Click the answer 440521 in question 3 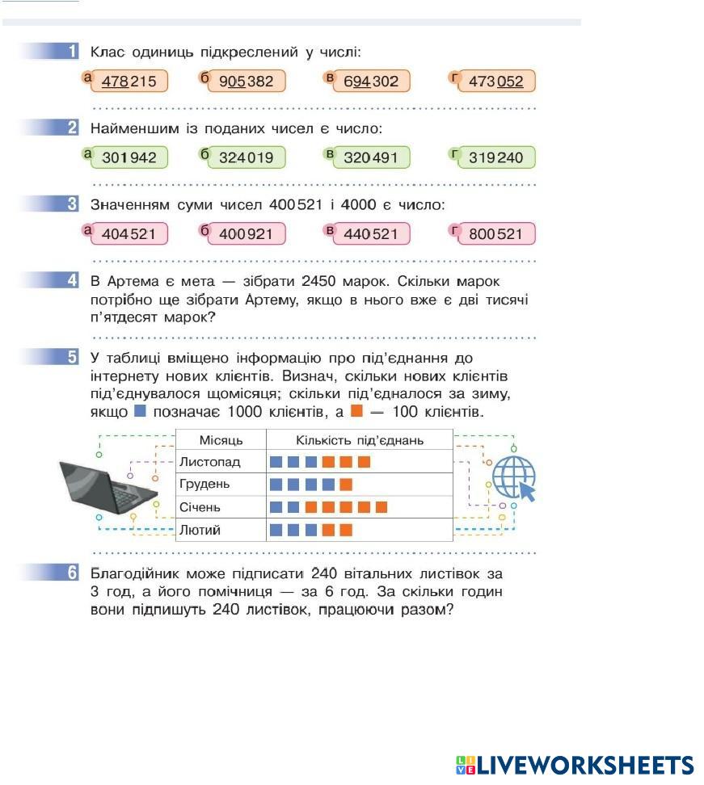coord(371,234)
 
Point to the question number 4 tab coord(71,281)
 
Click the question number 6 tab coord(71,573)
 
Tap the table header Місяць coord(221,440)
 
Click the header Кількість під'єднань coord(360,440)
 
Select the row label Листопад coord(210,463)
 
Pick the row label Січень coord(200,507)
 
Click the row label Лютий coord(200,530)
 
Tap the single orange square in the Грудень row coord(346,485)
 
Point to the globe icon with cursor coord(514,478)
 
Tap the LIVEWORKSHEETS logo coord(575,765)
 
